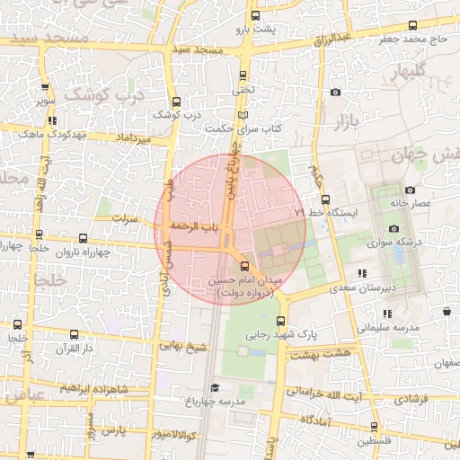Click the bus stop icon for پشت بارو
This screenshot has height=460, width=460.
pyautogui.click(x=256, y=15)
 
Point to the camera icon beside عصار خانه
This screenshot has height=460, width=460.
pyautogui.click(x=411, y=190)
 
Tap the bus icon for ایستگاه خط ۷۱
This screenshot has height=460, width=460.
pyautogui.click(x=325, y=199)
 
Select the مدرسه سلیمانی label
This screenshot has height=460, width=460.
pyautogui.click(x=390, y=328)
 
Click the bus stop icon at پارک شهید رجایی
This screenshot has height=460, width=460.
pyautogui.click(x=281, y=322)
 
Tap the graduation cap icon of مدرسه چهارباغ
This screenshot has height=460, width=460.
pyautogui.click(x=214, y=387)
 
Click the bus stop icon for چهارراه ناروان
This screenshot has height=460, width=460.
pyautogui.click(x=84, y=239)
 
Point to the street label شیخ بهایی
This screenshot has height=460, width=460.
pyautogui.click(x=184, y=344)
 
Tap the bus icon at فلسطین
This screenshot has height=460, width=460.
pyautogui.click(x=374, y=428)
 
